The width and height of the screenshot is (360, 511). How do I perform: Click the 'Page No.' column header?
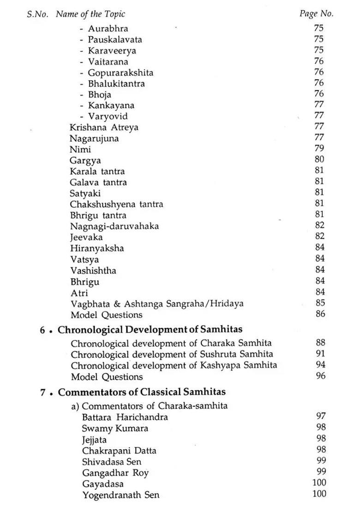(x=316, y=13)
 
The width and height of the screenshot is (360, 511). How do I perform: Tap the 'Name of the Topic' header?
(x=90, y=14)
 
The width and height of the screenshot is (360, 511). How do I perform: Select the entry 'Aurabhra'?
(x=108, y=29)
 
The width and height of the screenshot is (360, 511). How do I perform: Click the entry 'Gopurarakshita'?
(x=120, y=73)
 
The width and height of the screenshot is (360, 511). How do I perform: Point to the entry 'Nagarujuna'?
(x=94, y=138)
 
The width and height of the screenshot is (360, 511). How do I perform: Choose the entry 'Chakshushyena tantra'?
(x=116, y=204)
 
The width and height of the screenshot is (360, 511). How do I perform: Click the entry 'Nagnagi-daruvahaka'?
(x=114, y=226)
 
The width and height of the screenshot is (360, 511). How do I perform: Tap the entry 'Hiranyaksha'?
(x=97, y=248)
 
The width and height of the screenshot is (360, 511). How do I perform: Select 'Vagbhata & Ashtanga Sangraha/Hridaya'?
(x=157, y=303)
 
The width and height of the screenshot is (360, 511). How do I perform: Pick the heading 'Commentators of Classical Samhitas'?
(x=142, y=392)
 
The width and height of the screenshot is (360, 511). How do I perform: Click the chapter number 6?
(x=42, y=330)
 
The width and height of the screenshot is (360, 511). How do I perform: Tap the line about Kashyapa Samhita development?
(x=174, y=365)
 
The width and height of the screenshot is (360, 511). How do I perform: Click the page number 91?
(x=320, y=354)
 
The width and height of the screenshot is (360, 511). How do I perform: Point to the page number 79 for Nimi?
(x=319, y=149)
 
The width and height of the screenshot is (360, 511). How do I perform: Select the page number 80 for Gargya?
(x=319, y=160)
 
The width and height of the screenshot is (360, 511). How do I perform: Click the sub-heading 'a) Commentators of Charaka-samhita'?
(x=149, y=406)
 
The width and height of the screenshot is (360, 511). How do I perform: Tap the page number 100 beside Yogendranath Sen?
(x=319, y=494)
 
